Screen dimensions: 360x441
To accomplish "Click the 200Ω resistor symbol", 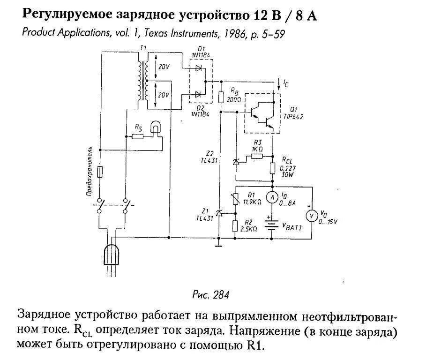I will (x=222, y=97).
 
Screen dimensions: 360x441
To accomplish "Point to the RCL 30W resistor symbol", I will (x=272, y=167).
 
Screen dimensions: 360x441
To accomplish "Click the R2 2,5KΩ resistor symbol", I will (x=235, y=226).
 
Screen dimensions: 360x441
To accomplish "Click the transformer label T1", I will (x=143, y=49).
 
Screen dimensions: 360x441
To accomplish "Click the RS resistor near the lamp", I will (x=138, y=136).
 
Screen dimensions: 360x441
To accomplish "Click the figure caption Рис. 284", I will (x=210, y=295).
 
